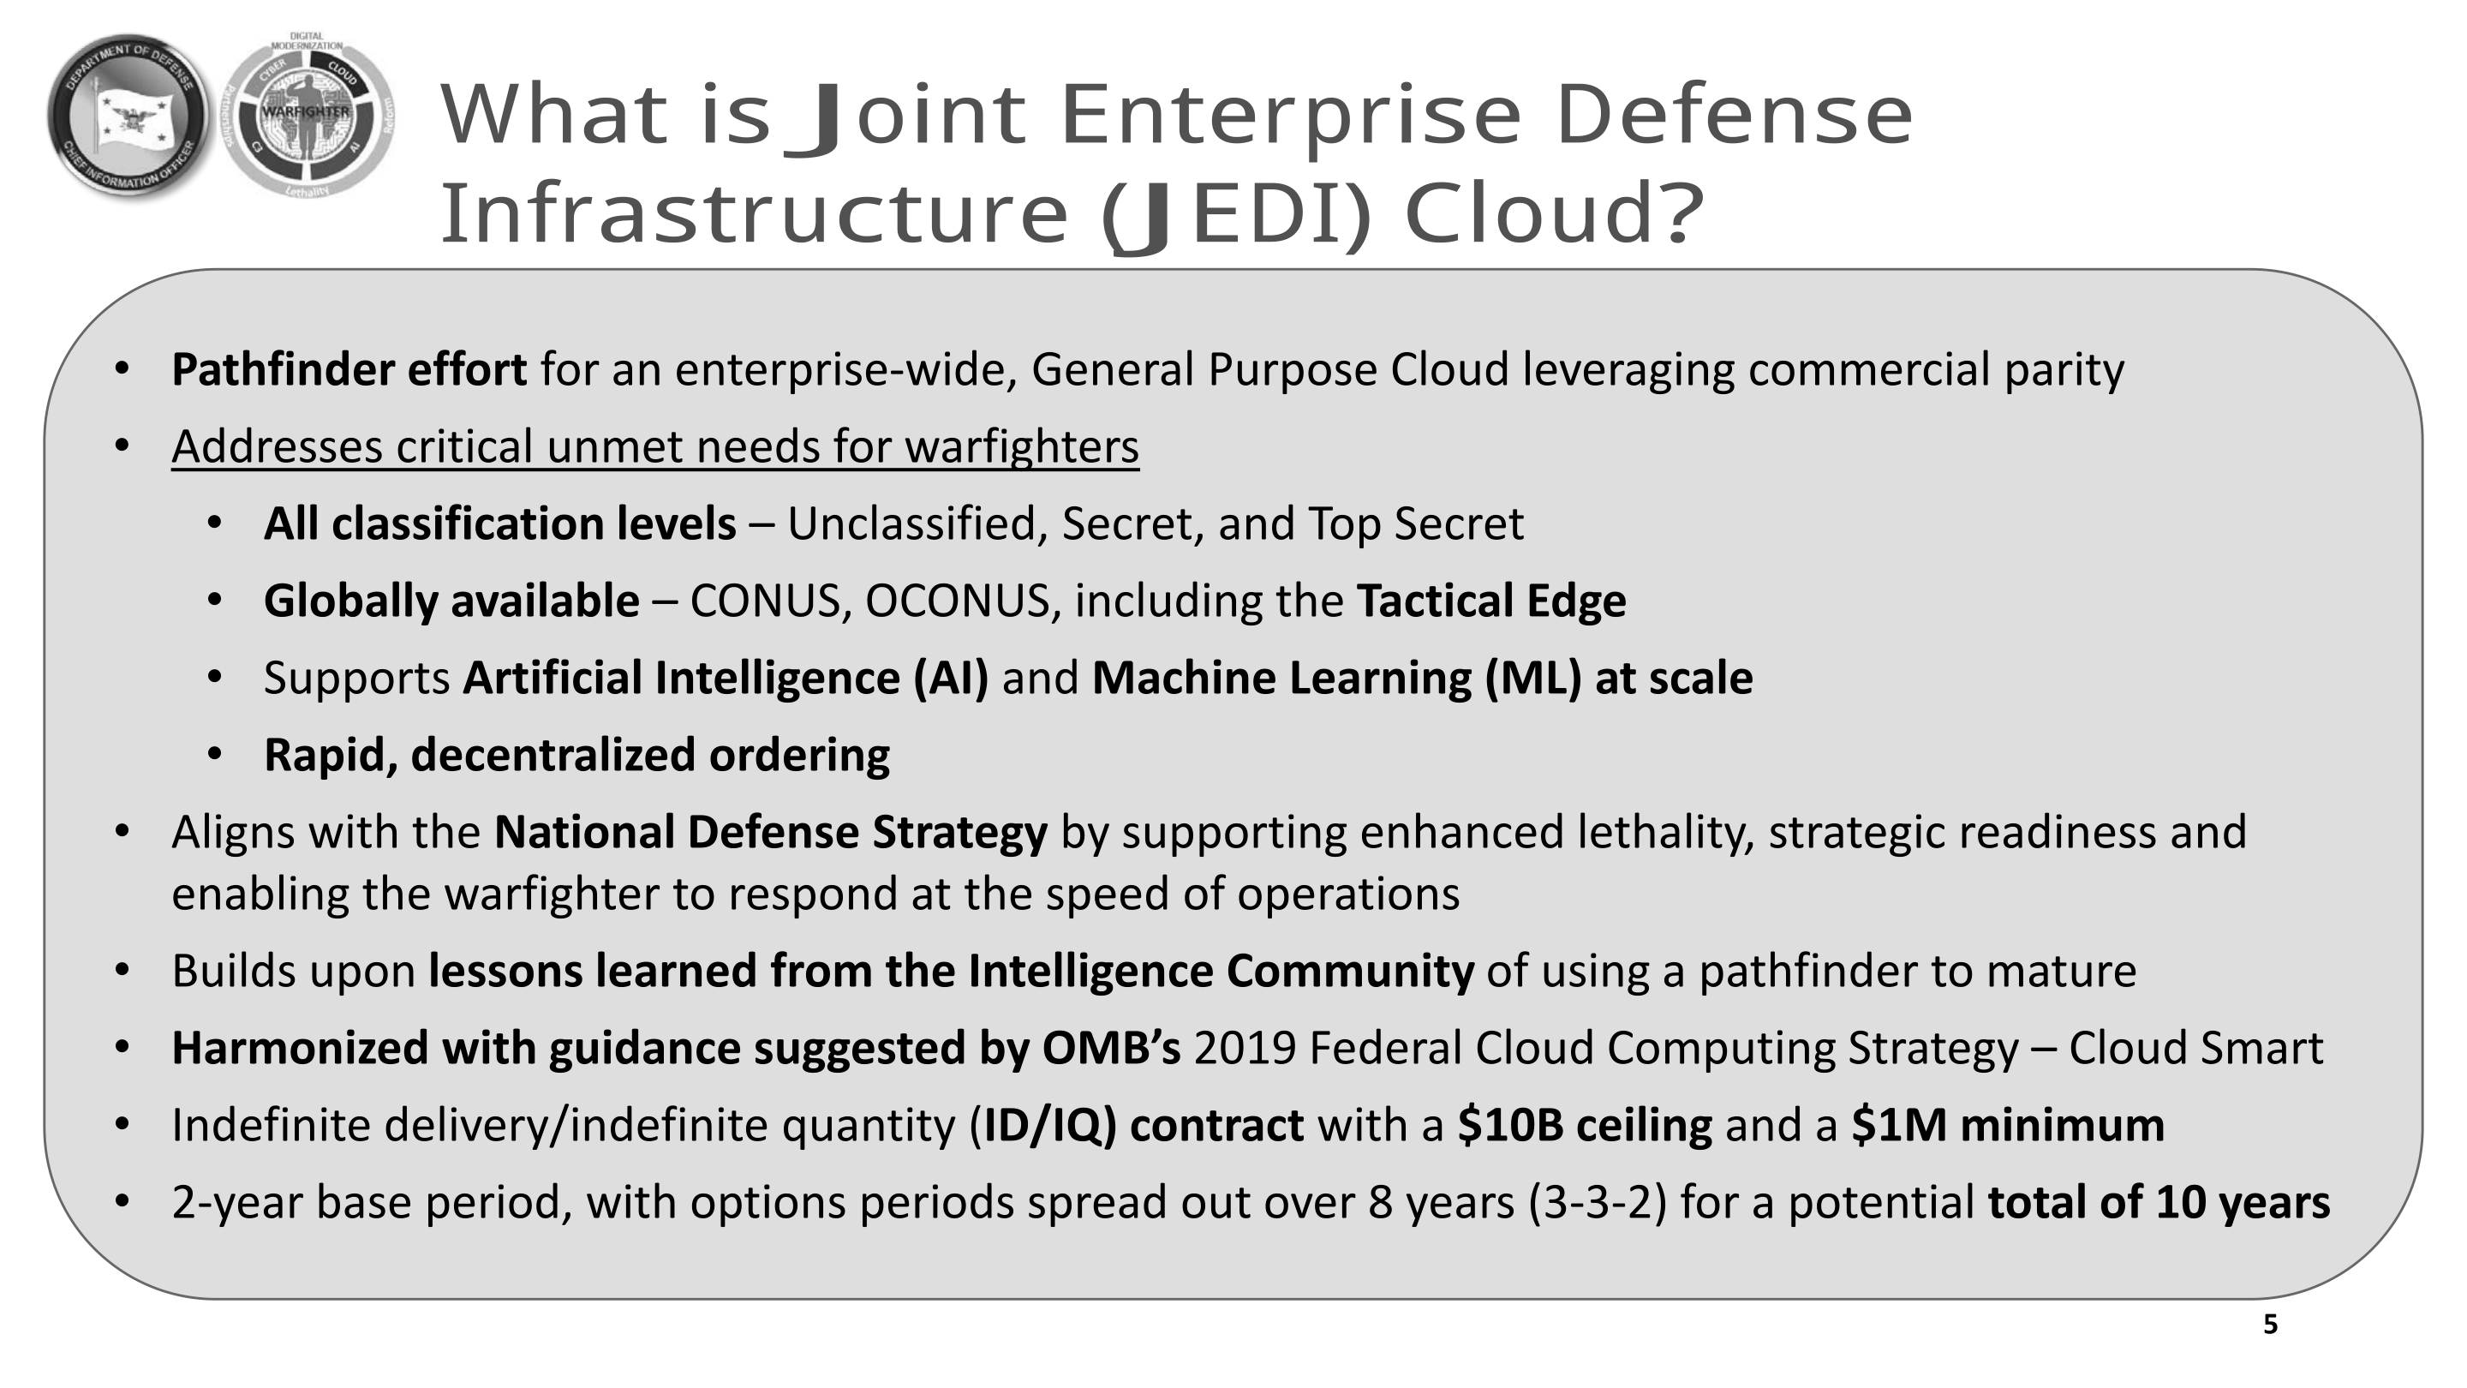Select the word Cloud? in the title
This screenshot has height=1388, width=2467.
pos(1555,212)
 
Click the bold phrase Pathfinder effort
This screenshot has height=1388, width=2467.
pos(349,371)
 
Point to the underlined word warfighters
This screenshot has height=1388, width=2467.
pos(1022,447)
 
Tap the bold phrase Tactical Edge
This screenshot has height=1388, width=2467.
pos(1491,601)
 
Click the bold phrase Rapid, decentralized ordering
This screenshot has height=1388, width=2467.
pos(576,756)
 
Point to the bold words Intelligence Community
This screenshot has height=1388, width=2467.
pos(1221,972)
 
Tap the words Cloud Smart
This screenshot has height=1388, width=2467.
pos(2196,1048)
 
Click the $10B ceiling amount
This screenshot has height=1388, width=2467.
pos(1585,1126)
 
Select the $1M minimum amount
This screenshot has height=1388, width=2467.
pos(2008,1126)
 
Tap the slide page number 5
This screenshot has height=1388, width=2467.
pos(2270,1325)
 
